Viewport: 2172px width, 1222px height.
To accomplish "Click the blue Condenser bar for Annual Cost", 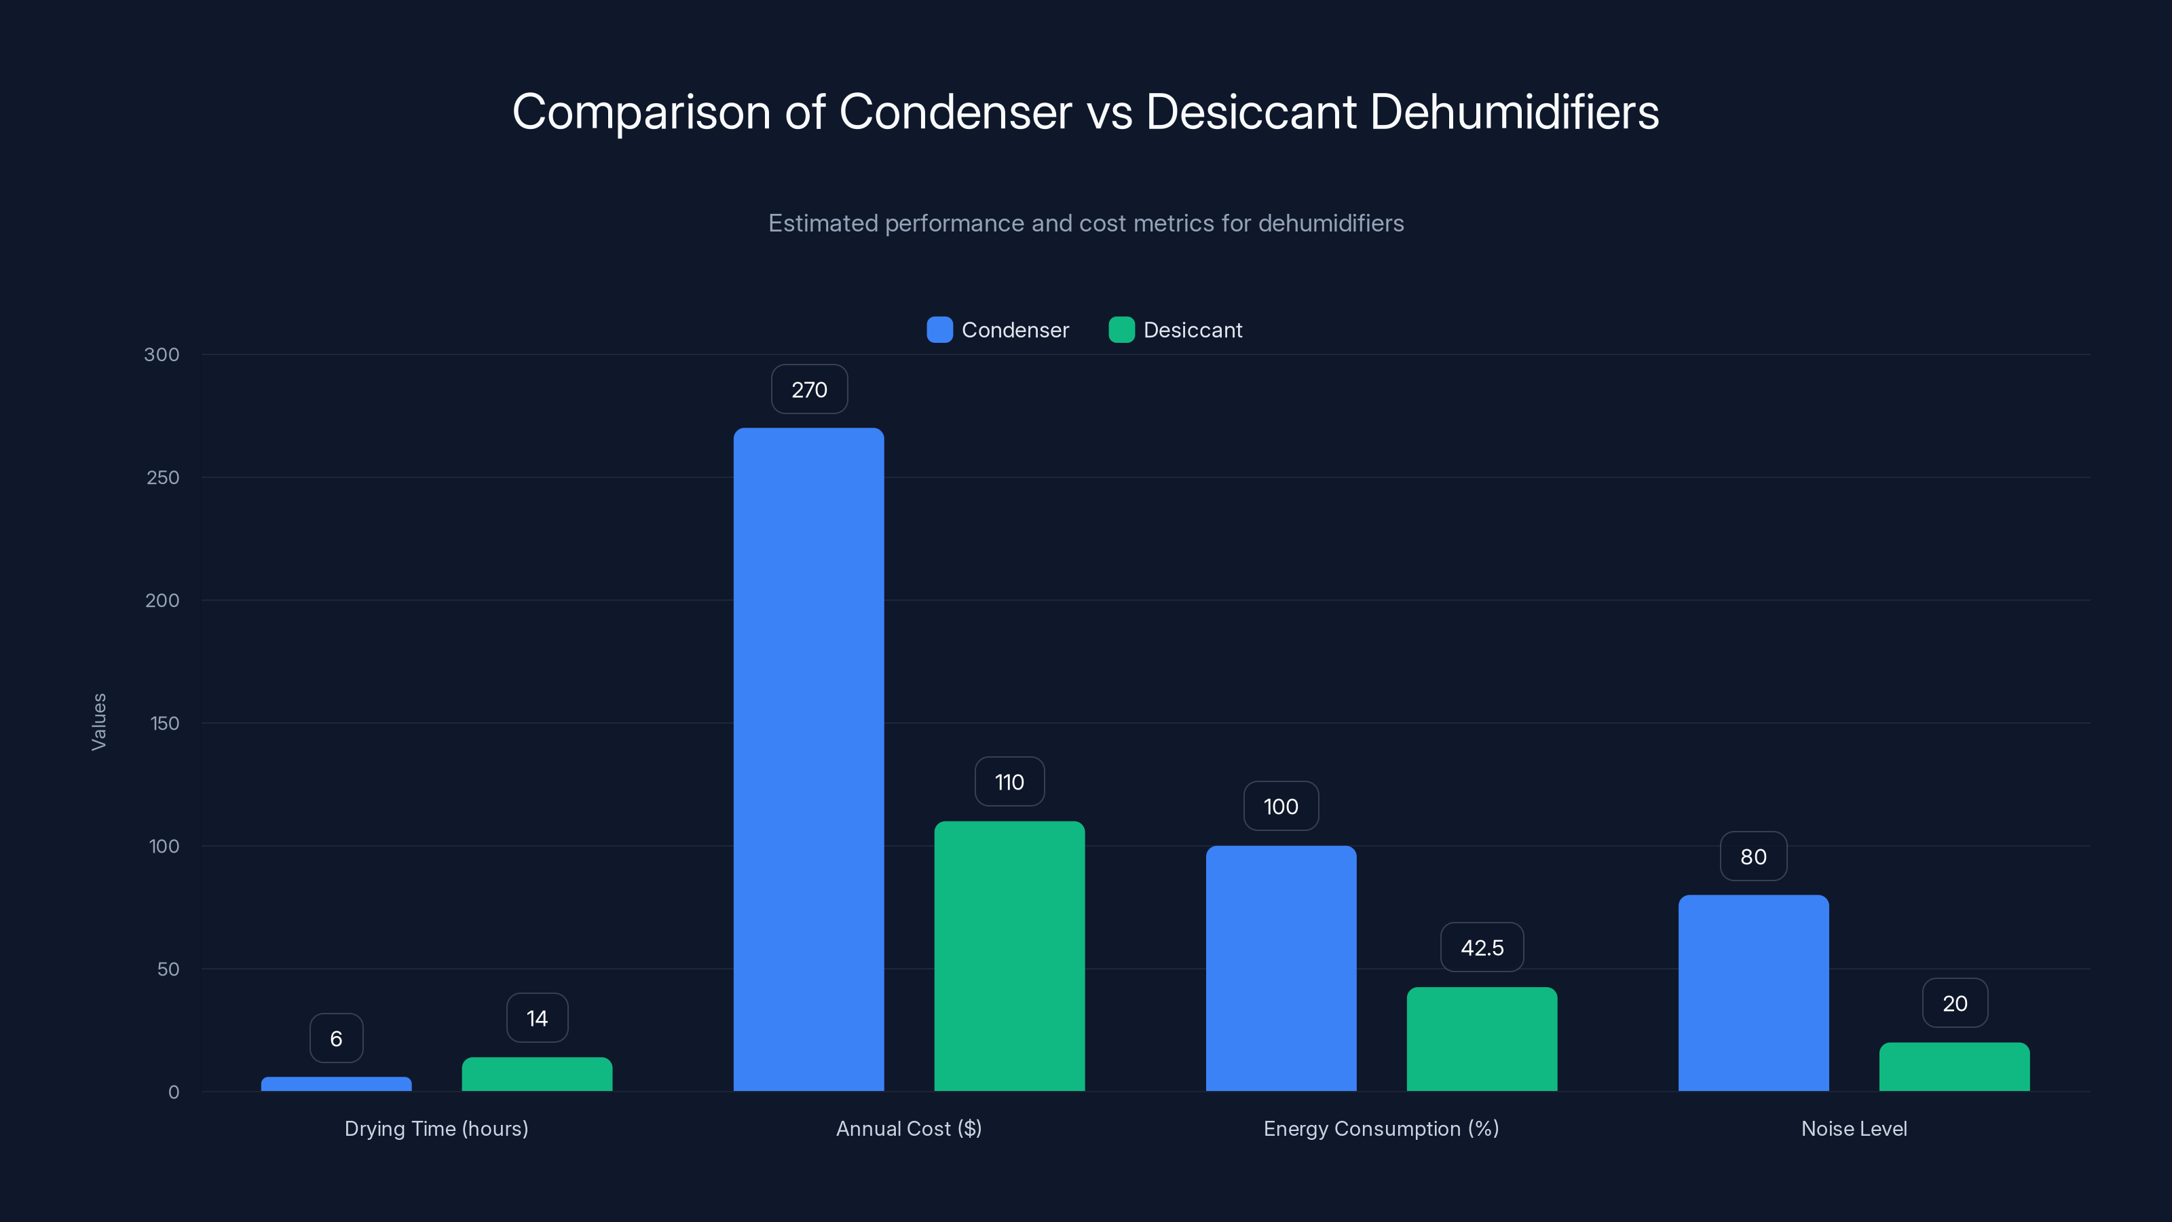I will [808, 759].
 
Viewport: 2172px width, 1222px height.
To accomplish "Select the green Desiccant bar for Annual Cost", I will [1009, 955].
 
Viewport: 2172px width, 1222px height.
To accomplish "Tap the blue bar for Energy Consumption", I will [1281, 968].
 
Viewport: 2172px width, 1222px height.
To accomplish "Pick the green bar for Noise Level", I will [1955, 1067].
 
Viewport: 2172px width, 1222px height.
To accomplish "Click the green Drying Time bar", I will [537, 1073].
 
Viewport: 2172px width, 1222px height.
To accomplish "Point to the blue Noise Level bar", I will [1753, 993].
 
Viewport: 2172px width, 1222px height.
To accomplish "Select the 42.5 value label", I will [1482, 948].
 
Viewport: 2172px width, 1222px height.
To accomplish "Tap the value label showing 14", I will [537, 1019].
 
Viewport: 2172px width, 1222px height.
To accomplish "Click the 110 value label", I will [1009, 782].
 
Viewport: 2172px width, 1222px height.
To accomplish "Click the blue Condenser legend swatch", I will [939, 330].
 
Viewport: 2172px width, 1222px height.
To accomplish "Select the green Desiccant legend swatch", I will [1121, 330].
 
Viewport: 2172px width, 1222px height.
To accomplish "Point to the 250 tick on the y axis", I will [163, 477].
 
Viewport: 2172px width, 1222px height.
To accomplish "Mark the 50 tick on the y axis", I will [168, 969].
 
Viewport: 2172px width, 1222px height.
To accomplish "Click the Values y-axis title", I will [98, 722].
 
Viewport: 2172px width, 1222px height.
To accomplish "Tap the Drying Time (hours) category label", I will [436, 1128].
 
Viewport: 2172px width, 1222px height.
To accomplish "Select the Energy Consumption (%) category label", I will [1381, 1128].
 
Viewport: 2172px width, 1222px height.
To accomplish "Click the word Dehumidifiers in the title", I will [1514, 111].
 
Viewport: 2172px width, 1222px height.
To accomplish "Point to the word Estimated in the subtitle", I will [823, 223].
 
